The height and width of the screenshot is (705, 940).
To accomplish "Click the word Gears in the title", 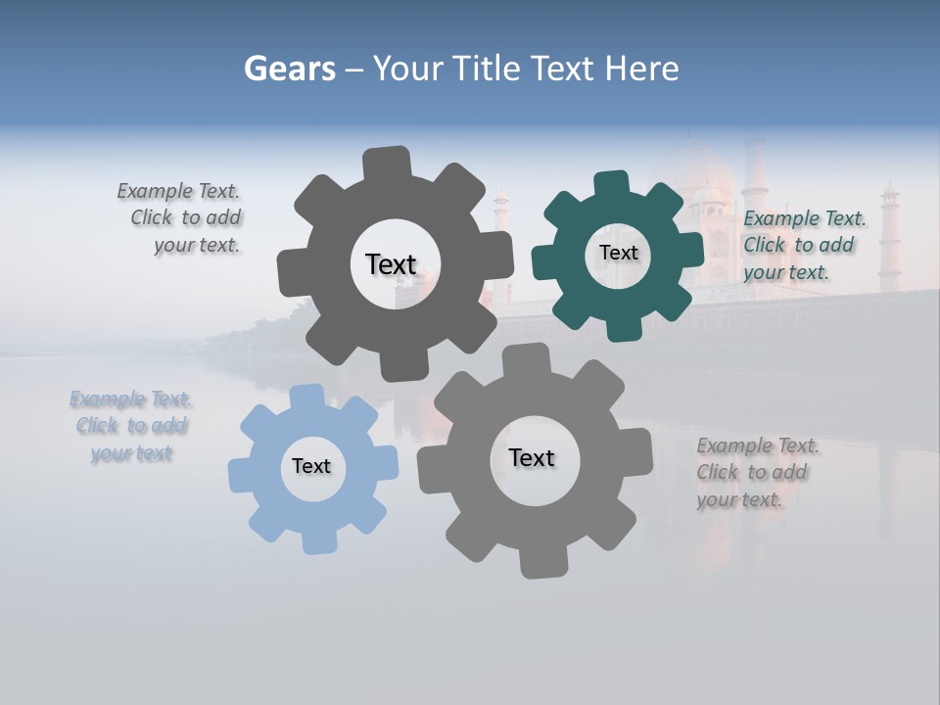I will click(x=289, y=69).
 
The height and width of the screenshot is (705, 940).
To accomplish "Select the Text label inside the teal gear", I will click(x=618, y=253).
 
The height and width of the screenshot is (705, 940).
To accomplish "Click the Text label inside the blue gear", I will click(x=311, y=466).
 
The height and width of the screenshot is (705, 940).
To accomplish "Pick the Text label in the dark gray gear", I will click(x=391, y=264).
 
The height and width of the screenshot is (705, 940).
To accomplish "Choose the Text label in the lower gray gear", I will click(x=532, y=457).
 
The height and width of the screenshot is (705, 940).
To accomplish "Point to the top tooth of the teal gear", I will click(x=611, y=184).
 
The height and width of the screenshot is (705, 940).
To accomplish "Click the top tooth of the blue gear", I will click(x=306, y=398).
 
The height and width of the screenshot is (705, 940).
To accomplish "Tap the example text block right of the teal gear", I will click(x=803, y=245).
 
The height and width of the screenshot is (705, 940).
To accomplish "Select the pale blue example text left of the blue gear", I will click(x=131, y=426).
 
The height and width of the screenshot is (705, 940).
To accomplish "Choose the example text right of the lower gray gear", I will click(x=756, y=472).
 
